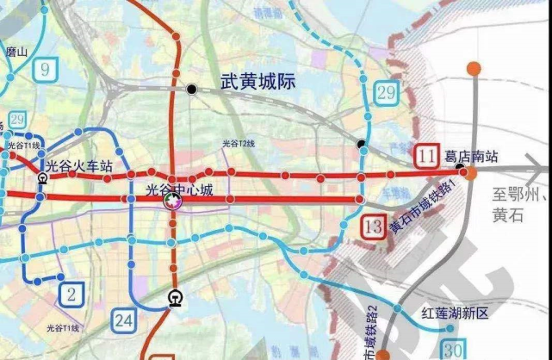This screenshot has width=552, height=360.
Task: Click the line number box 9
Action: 45,66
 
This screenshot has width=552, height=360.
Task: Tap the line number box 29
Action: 386,91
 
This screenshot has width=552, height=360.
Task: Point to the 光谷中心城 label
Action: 179,188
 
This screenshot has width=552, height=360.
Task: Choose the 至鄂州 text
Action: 520,196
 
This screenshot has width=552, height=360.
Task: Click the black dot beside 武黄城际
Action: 191,89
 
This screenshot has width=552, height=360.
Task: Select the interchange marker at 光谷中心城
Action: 172,201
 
